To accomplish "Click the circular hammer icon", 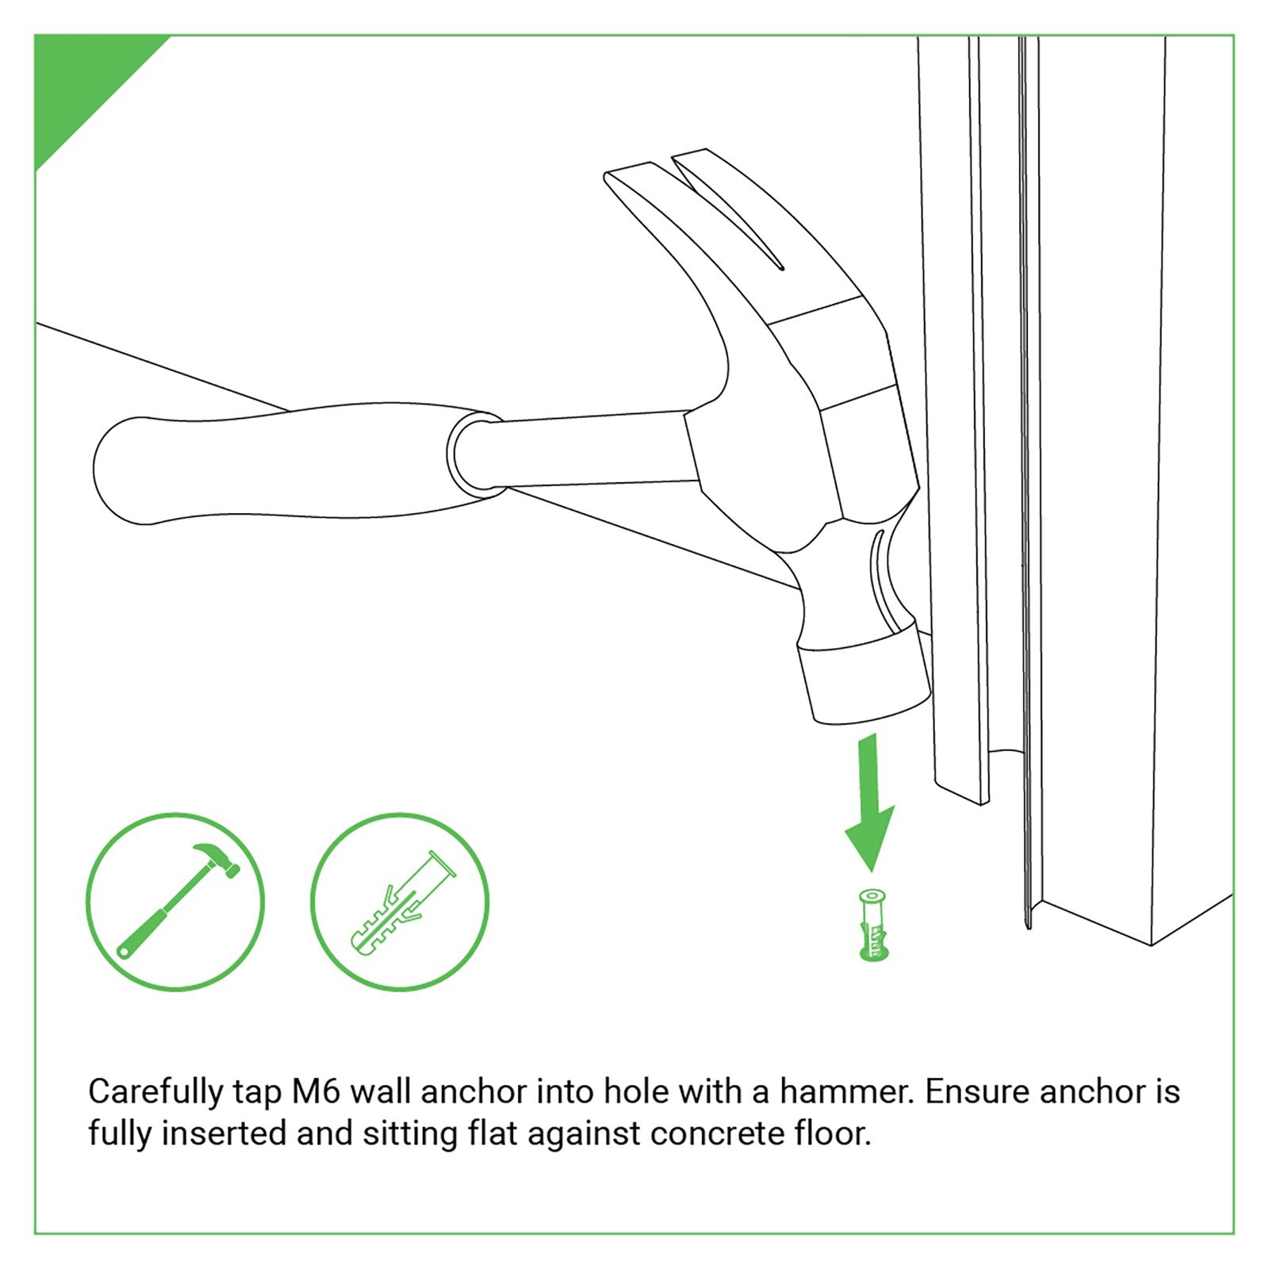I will tap(175, 902).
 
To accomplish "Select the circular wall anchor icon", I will tap(400, 902).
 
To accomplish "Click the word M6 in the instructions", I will tap(316, 1092).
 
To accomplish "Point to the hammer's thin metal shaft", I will tap(595, 450).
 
